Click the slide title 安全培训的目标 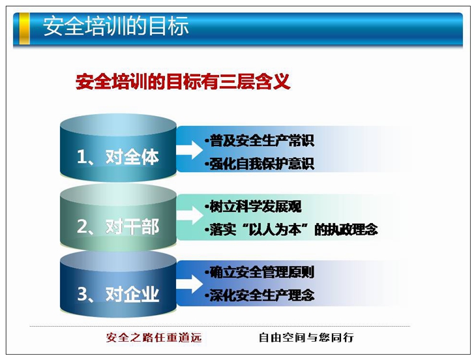click(x=115, y=26)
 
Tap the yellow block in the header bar click(x=24, y=29)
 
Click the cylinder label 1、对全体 click(x=118, y=157)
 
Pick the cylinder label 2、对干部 click(x=118, y=226)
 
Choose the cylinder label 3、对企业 click(x=118, y=293)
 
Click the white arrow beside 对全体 click(x=190, y=149)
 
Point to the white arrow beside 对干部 click(x=190, y=215)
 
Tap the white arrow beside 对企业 click(x=190, y=284)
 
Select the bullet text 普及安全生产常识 click(x=260, y=140)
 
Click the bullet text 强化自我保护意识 click(x=260, y=164)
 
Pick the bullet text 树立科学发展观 click(x=254, y=207)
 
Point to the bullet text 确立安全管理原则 click(x=260, y=272)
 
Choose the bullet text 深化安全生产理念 click(x=260, y=295)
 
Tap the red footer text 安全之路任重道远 click(x=154, y=337)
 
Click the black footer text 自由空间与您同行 click(x=306, y=337)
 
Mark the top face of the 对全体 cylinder click(x=118, y=125)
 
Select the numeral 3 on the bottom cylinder click(x=82, y=294)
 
